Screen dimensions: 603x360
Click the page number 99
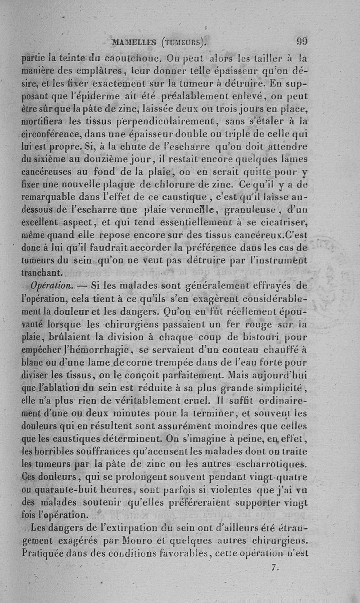[302, 41]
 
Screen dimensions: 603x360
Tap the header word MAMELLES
[135, 43]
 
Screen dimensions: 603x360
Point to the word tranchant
[44, 272]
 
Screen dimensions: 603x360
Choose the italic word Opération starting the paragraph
[49, 285]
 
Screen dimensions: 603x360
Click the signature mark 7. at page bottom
[275, 567]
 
